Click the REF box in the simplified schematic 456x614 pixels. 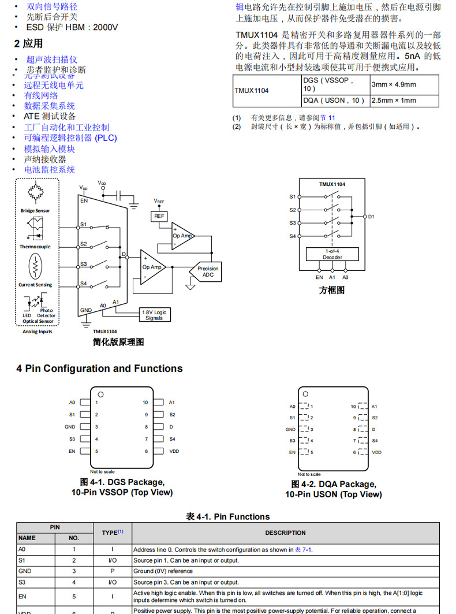point(159,216)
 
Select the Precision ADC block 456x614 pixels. point(208,271)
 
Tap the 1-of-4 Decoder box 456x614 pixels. point(332,254)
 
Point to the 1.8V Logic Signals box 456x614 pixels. point(154,315)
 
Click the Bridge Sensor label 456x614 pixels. point(35,211)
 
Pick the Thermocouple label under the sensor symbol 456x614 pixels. point(35,247)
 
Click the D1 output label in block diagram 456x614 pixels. point(371,217)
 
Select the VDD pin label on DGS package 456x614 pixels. point(174,451)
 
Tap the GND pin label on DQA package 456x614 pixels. point(290,429)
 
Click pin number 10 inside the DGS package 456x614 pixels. point(145,402)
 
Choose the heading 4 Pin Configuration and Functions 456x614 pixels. point(99,369)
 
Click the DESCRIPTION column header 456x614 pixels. point(285,533)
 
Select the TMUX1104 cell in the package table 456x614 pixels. point(252,91)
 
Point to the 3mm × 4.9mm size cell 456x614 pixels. point(394,84)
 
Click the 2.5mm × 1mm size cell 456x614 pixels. point(393,101)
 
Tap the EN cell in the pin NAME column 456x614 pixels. point(23,596)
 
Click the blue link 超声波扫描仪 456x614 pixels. point(51,59)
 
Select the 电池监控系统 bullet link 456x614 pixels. point(50,169)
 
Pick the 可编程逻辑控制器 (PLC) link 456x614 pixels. point(70,138)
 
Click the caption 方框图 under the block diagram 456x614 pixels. point(332,290)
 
